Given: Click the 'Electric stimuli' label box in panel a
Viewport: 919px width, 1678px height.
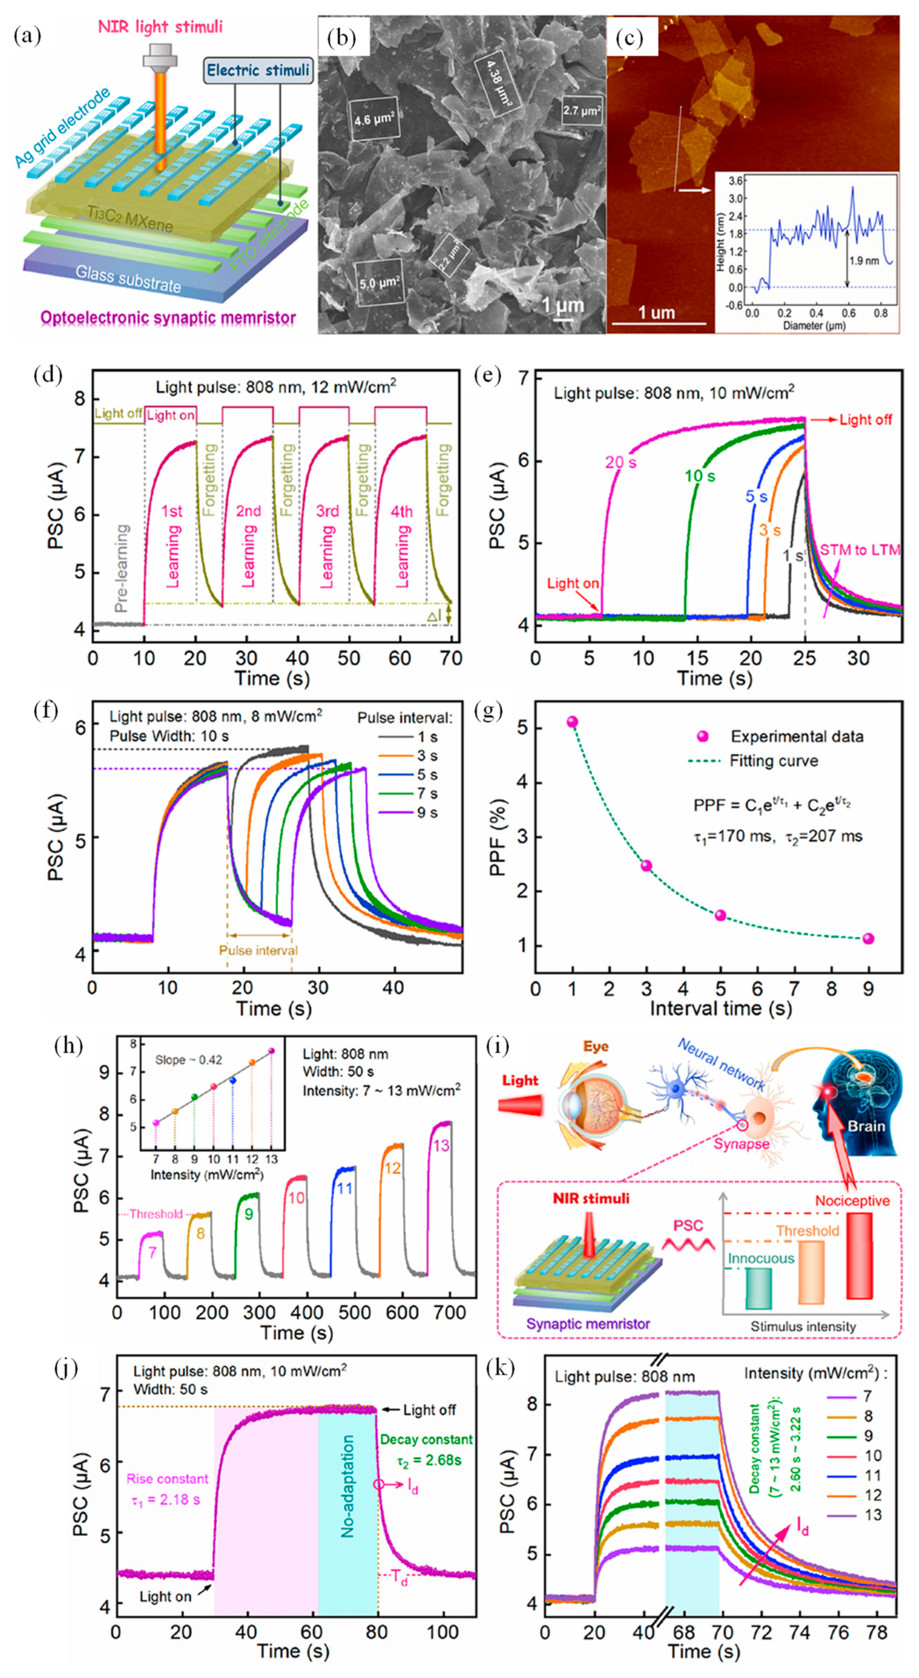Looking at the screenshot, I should click(x=258, y=70).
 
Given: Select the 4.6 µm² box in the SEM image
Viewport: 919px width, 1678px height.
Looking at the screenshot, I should click(x=374, y=120).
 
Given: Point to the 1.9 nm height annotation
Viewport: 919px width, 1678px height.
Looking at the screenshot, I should click(x=864, y=261).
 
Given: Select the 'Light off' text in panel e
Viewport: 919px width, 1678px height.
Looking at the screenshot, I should click(x=865, y=420).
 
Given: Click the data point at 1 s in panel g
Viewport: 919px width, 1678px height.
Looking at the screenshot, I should click(x=573, y=722).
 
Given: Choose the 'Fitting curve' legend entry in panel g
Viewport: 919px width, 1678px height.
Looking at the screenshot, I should click(x=773, y=761).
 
